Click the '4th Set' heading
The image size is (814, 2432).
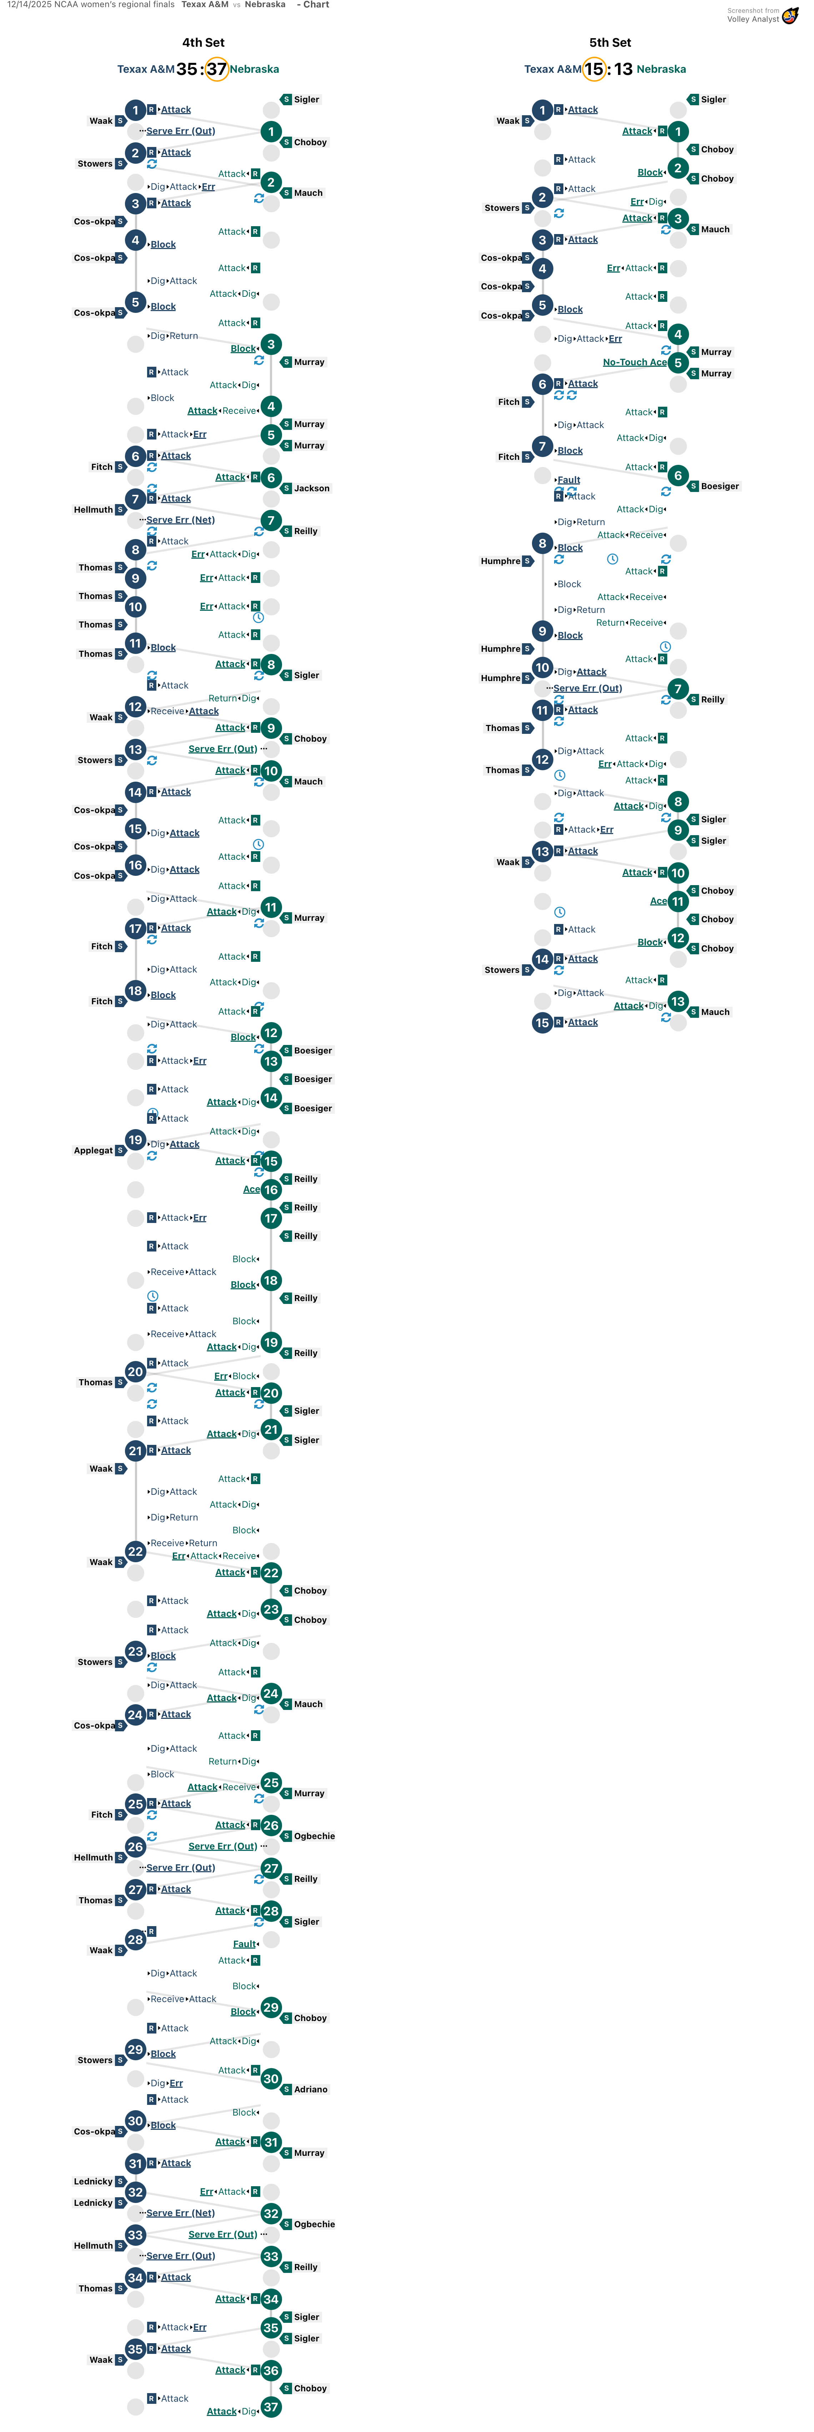pos(203,42)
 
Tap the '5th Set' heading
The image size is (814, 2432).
pos(610,42)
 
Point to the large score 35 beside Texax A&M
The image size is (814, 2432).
pos(186,69)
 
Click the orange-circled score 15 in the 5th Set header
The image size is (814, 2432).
pos(593,69)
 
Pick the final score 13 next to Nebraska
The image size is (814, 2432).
pos(623,69)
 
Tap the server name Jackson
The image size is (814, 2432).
pos(312,488)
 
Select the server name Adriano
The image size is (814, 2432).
pos(311,2089)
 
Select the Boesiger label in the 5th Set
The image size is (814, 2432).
pos(719,486)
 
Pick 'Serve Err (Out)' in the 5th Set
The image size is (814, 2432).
pos(587,688)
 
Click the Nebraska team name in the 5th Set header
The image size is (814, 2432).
pos(661,69)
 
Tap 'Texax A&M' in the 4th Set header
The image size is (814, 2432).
pos(145,69)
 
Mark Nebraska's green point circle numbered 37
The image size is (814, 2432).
pos(271,2407)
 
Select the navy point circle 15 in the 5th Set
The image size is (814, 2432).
pos(542,1022)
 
